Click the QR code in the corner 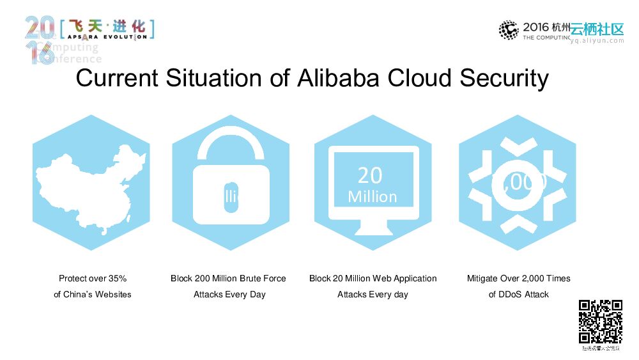601,322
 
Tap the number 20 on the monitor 370,175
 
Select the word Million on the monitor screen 373,196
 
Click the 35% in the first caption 118,278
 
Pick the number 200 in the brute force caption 203,278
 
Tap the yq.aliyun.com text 597,40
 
